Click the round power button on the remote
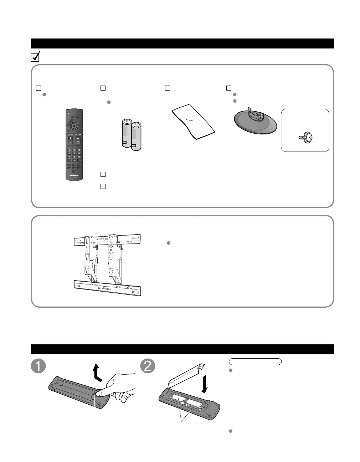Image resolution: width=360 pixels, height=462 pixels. tap(67, 114)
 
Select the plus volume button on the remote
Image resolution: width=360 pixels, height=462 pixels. tap(70, 138)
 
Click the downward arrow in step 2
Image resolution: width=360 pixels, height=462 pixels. tap(205, 382)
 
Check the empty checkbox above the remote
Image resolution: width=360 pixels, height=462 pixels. tap(38, 88)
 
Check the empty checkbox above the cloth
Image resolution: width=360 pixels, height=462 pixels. tap(168, 88)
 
